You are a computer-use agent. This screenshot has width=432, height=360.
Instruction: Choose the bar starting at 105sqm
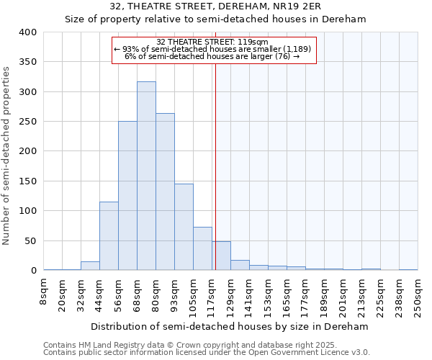click(x=202, y=248)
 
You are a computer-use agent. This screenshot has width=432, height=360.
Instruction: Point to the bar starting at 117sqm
click(x=221, y=256)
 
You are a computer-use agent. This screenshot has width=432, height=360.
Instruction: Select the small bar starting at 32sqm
click(x=90, y=266)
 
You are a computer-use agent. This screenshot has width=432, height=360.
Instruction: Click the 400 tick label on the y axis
click(x=27, y=32)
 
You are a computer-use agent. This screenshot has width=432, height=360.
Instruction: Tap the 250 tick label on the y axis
click(x=27, y=122)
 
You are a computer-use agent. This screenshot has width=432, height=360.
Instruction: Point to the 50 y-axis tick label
click(x=30, y=240)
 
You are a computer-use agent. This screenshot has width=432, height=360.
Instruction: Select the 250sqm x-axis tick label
click(x=418, y=296)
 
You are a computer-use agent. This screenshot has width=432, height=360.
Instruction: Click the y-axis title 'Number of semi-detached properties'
click(x=7, y=155)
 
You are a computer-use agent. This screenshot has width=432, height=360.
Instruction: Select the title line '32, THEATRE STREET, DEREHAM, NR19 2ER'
click(x=215, y=7)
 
